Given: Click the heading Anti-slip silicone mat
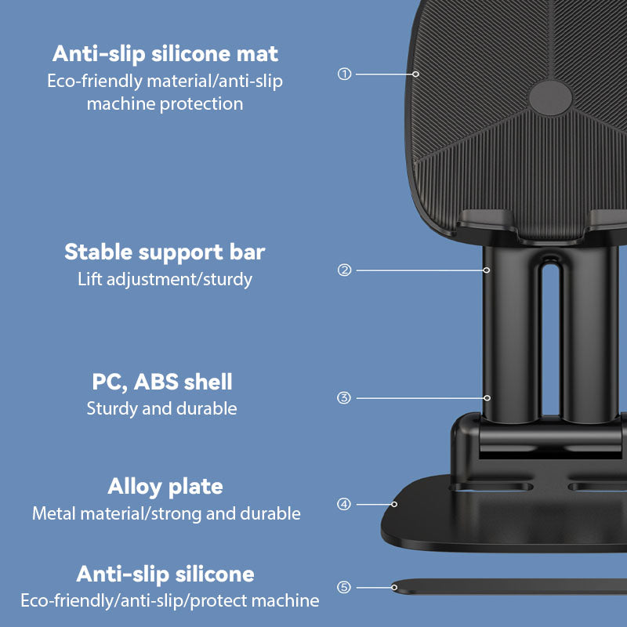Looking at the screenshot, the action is click(x=165, y=54).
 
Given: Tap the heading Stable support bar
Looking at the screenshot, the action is click(x=165, y=252).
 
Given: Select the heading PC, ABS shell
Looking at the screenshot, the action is click(x=162, y=382).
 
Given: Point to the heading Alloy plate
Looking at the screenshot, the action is click(x=165, y=487).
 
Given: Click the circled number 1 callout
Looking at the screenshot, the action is click(x=344, y=74).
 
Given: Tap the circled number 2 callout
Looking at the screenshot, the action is click(x=344, y=270).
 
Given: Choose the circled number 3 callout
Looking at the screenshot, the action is click(x=344, y=398).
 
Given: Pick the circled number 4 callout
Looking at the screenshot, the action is click(x=344, y=504).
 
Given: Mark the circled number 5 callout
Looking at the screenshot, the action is click(x=344, y=587).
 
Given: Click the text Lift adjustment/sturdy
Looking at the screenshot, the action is click(x=165, y=279).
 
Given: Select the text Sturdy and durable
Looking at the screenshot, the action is click(x=162, y=408).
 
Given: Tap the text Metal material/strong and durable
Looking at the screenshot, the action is click(x=166, y=513).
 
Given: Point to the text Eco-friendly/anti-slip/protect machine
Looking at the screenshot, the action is click(x=170, y=600).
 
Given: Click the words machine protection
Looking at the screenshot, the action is click(x=165, y=104).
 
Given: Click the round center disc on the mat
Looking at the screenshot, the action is click(x=551, y=98).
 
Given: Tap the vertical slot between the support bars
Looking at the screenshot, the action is click(x=551, y=340).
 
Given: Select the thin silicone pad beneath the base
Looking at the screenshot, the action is click(x=509, y=586).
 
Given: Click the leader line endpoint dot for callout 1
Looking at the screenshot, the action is click(x=416, y=74).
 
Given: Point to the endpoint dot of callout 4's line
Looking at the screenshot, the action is click(x=394, y=504).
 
